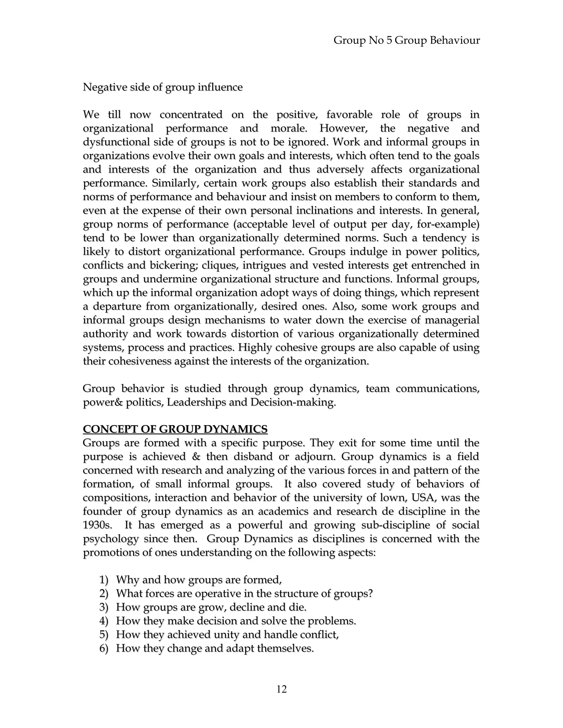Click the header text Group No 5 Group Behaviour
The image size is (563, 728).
407,40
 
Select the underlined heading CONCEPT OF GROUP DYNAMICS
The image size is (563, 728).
175,429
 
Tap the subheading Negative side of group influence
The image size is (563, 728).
162,87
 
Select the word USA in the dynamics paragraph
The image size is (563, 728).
424,498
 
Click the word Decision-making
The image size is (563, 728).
293,402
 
